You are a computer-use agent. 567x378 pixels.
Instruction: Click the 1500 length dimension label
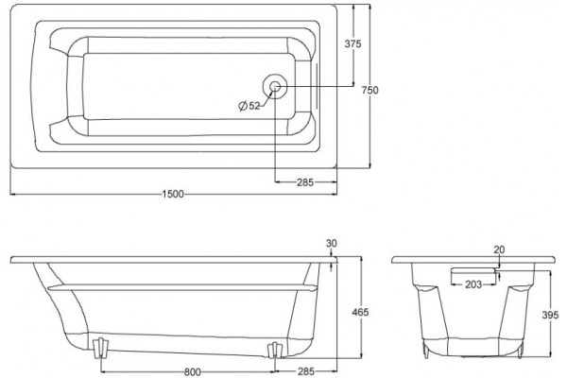[173, 194]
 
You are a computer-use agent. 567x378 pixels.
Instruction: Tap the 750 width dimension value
[369, 90]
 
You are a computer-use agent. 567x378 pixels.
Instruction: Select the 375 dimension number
[352, 43]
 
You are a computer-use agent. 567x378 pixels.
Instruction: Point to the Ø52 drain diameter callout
[249, 106]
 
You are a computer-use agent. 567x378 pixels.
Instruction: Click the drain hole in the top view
[275, 86]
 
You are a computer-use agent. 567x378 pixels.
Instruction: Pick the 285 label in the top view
[305, 182]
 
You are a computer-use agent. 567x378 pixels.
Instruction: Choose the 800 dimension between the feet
[193, 371]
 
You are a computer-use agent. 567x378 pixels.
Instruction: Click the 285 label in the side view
[306, 371]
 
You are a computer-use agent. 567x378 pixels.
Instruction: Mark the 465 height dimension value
[360, 312]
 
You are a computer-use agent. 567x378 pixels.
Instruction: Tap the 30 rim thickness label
[332, 244]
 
